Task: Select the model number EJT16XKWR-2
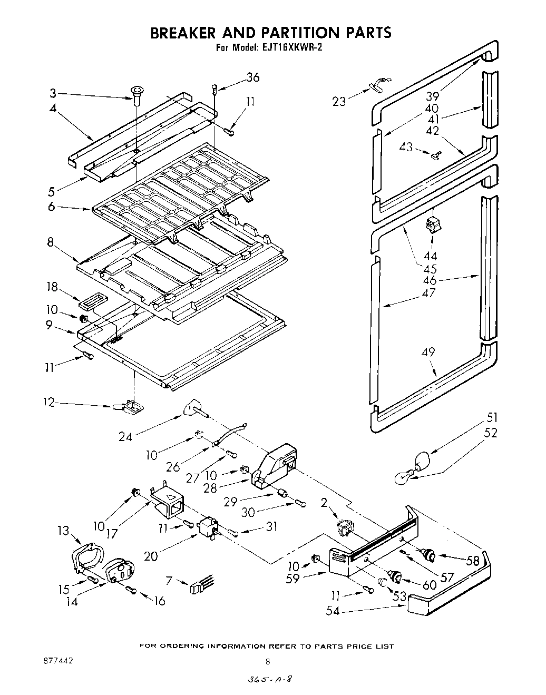click(292, 47)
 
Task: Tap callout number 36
click(252, 77)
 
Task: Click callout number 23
click(339, 101)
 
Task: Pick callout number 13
click(63, 530)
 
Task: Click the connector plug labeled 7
click(200, 586)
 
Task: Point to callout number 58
click(473, 561)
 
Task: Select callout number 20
click(151, 556)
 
